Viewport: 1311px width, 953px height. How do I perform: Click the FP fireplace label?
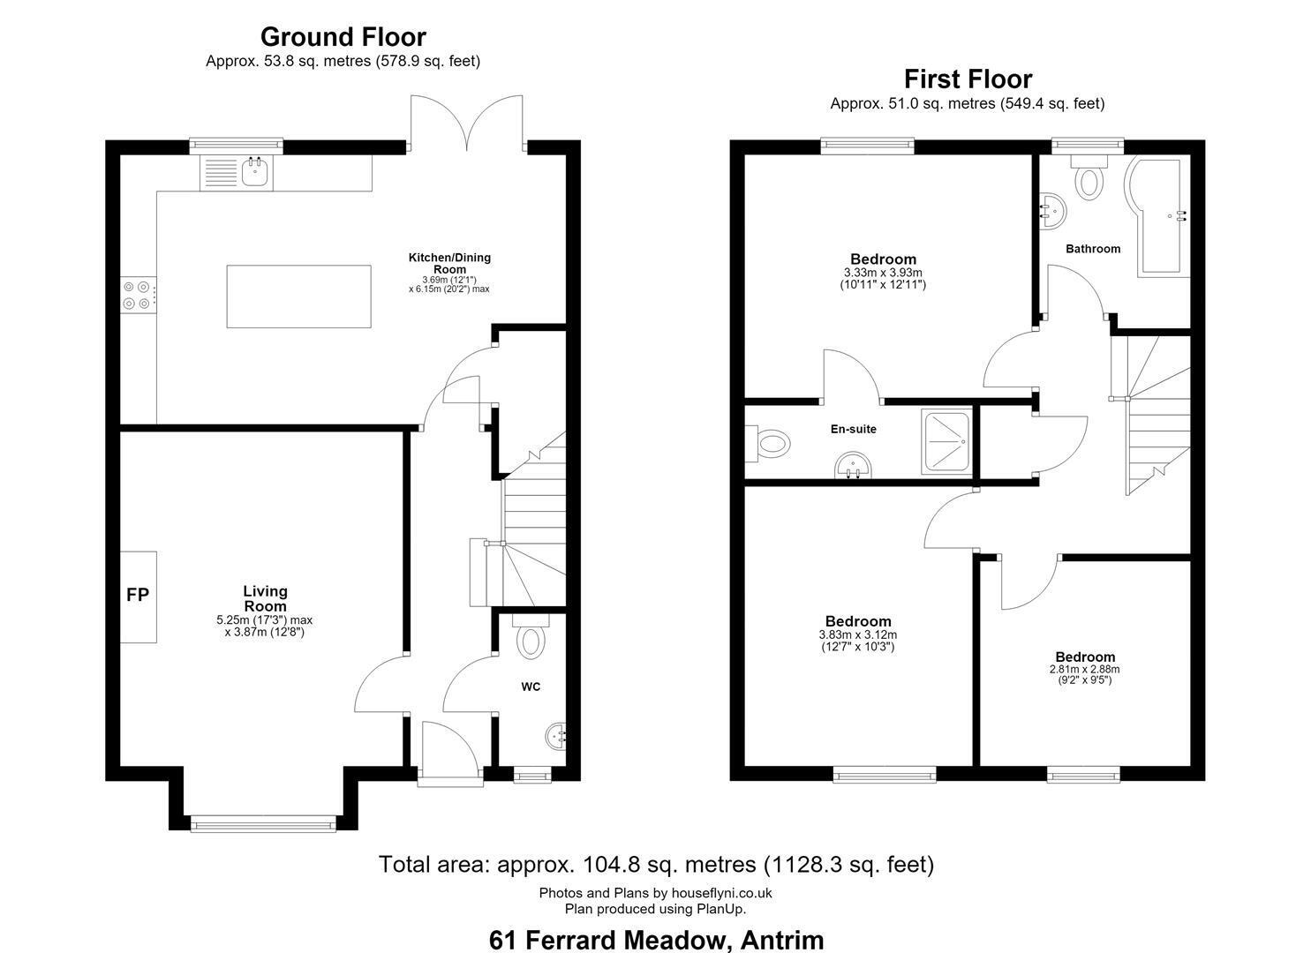(138, 595)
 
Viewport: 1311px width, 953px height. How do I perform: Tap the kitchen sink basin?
(256, 173)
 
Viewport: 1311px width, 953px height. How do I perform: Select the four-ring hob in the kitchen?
(138, 295)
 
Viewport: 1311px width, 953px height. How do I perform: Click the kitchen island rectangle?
(298, 296)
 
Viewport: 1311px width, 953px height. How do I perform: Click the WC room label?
(531, 687)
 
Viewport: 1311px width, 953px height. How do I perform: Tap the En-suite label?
(854, 429)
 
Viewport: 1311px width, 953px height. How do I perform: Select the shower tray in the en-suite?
(947, 442)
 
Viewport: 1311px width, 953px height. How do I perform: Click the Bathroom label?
(1093, 249)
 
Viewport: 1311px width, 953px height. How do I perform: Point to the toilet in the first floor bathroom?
(1089, 177)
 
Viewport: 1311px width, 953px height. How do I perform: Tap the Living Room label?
(265, 598)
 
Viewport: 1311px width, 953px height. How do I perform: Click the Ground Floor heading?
(343, 37)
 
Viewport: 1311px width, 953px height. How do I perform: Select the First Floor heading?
(968, 79)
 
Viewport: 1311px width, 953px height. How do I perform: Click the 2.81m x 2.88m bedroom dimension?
(1084, 669)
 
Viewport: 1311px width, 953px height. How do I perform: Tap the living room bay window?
(263, 823)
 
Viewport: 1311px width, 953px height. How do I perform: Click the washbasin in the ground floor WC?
(555, 735)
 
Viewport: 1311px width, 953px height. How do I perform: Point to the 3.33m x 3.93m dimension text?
(883, 273)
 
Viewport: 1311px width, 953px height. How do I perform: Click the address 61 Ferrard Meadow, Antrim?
(656, 940)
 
